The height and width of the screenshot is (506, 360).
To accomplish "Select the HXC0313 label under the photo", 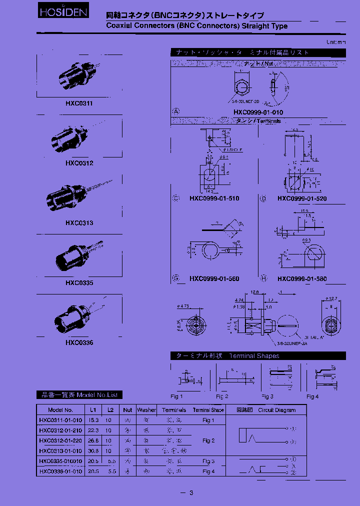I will [79, 223].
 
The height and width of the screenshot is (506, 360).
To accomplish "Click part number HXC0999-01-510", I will [214, 198].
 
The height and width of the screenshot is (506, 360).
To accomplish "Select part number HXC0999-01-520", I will [302, 198].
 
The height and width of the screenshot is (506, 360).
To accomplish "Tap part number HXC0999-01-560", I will [214, 279].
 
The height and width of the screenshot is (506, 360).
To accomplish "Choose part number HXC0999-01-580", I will [302, 279].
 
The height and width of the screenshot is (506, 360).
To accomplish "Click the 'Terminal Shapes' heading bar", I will [258, 356].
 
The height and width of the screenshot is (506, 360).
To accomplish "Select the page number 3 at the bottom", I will [190, 493].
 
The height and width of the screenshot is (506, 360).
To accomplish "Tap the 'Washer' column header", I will [146, 410].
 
